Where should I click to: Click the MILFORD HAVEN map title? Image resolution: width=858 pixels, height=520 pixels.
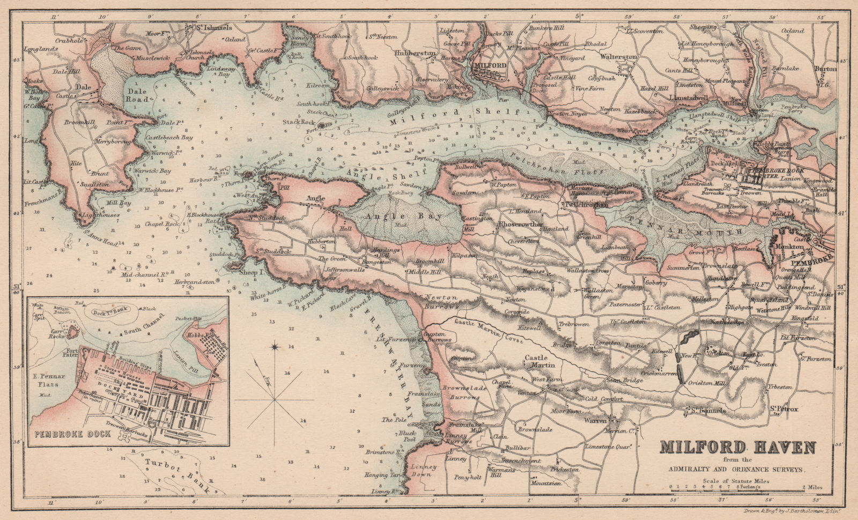click(737, 447)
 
